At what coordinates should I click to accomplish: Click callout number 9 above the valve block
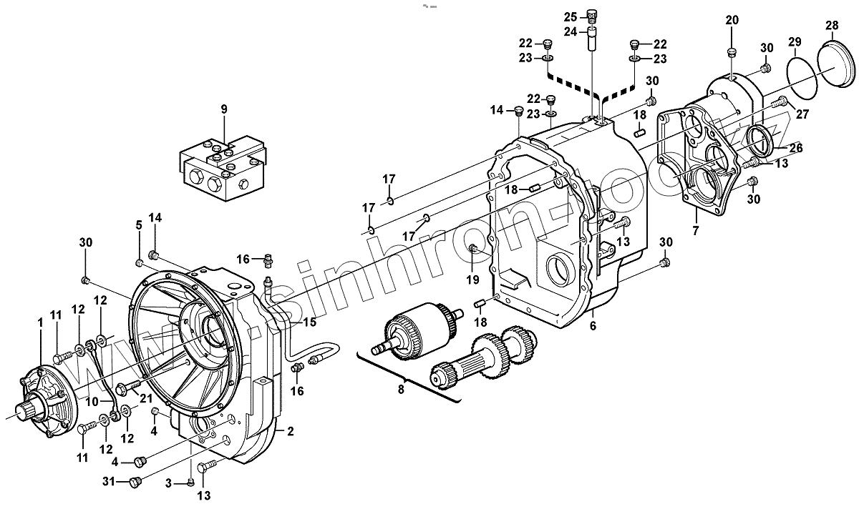coord(223,109)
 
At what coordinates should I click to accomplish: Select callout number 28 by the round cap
coord(831,26)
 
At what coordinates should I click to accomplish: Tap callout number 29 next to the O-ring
coord(795,41)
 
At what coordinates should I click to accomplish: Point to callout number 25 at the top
coord(570,16)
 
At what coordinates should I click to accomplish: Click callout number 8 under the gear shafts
coord(401,389)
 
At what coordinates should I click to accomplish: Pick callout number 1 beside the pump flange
coord(40,322)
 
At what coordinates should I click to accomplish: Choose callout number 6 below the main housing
coord(593,326)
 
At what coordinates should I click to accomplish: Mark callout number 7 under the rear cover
coord(694,230)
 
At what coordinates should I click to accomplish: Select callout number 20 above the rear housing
coord(731,19)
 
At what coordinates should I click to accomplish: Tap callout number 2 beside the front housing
coord(290,431)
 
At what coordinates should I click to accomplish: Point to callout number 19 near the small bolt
coord(472,279)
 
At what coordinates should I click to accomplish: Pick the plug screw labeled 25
coord(591,14)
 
